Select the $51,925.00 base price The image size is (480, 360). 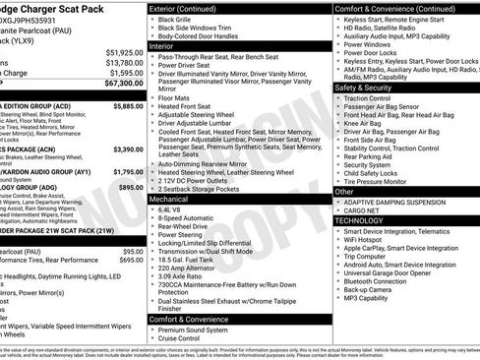(124, 51)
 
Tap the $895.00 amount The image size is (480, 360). (130, 187)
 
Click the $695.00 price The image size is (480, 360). (131, 261)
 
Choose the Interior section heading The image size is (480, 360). (168, 45)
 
